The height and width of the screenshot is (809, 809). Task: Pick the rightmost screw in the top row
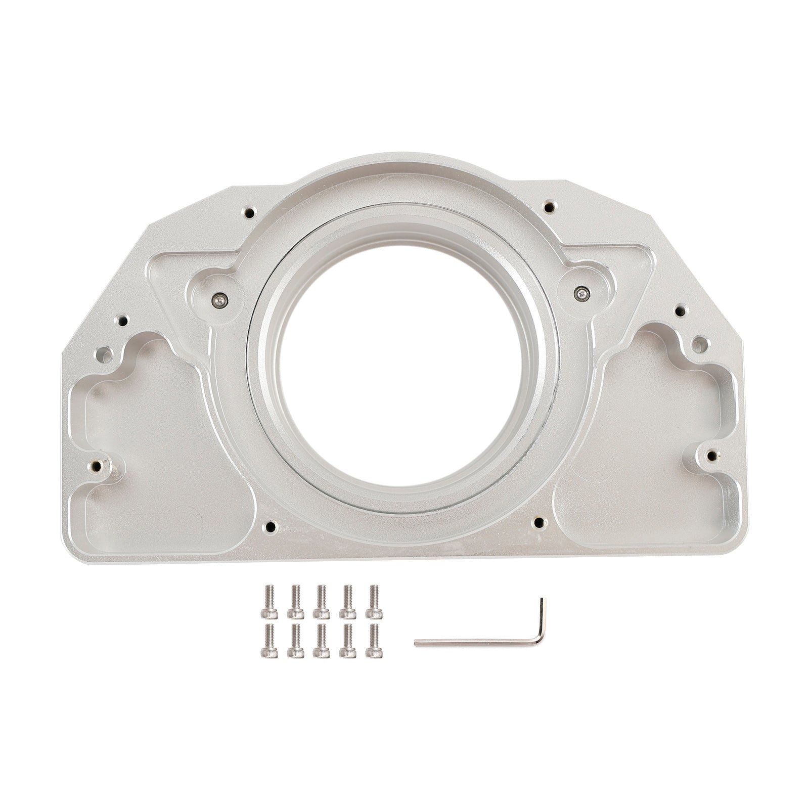(374, 601)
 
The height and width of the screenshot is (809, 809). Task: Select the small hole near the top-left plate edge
(249, 213)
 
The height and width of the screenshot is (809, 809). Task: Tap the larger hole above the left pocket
(105, 353)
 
